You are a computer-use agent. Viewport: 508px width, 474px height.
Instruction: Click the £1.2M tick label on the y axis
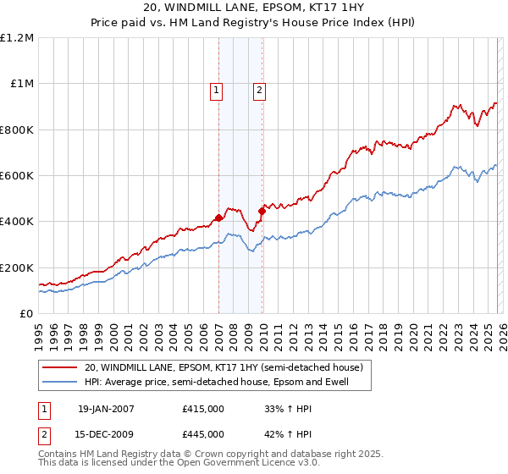pyautogui.click(x=19, y=38)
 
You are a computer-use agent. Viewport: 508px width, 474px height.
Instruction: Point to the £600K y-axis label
pyautogui.click(x=17, y=176)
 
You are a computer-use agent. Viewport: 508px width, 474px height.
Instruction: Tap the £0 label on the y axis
pyautogui.click(x=26, y=314)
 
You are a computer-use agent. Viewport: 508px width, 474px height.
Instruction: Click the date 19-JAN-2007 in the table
pyautogui.click(x=106, y=409)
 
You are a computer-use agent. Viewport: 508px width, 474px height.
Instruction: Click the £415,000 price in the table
pyautogui.click(x=203, y=409)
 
